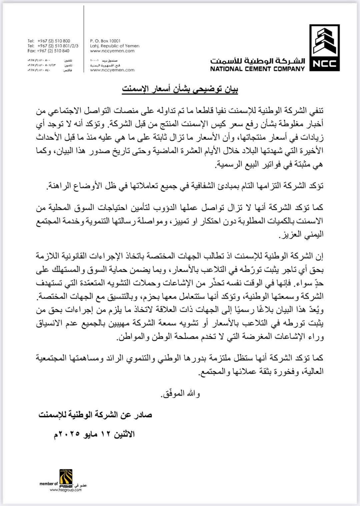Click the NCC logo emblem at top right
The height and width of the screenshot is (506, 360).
[324, 48]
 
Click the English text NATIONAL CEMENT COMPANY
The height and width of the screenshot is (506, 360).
[257, 69]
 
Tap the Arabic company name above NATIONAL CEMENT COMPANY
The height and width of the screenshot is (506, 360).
[257, 61]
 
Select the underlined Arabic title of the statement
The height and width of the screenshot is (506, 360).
[180, 89]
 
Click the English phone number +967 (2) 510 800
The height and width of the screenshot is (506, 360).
[53, 41]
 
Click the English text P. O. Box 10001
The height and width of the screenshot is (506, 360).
[105, 41]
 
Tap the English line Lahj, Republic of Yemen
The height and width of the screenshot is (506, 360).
[115, 46]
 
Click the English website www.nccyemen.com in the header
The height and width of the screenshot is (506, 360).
[112, 51]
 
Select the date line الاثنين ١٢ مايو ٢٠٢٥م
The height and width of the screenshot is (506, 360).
[94, 434]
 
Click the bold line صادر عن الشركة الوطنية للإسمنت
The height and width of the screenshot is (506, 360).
[95, 415]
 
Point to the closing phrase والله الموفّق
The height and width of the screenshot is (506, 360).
[180, 394]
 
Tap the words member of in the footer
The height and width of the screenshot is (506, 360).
[49, 484]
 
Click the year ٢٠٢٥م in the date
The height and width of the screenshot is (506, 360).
[67, 434]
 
